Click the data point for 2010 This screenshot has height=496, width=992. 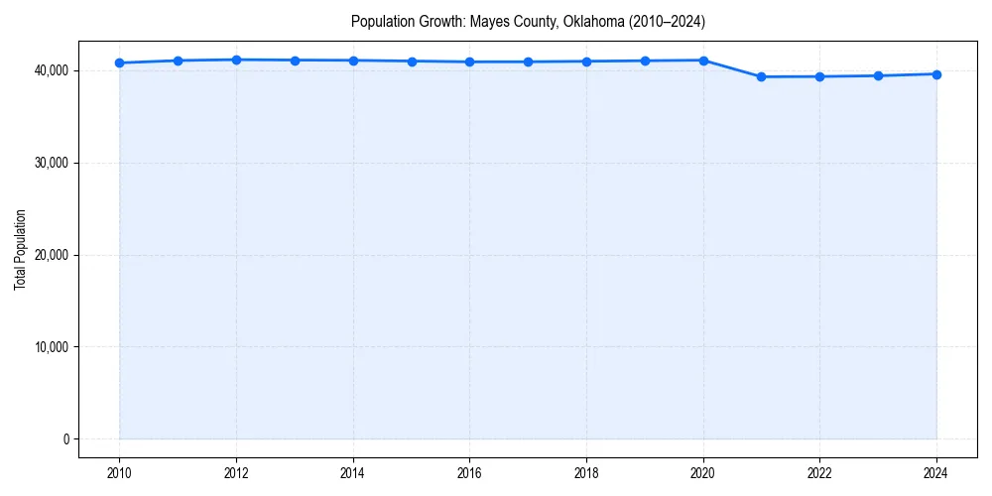pos(119,62)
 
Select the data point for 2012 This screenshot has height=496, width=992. pos(236,60)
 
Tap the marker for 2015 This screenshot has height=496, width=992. pos(412,62)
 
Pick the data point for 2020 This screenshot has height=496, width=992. pos(703,61)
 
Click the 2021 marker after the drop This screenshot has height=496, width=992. pos(762,76)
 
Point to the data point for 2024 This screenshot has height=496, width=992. pos(936,74)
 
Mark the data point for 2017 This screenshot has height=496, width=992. pos(528,62)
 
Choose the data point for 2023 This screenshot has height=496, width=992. pos(878,75)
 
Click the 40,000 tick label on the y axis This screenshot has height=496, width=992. pos(50,70)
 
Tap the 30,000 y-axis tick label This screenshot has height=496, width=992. pos(50,163)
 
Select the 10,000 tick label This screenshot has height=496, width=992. pos(50,347)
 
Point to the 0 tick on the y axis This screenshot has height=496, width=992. pos(65,439)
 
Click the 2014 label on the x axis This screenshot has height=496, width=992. pos(353,473)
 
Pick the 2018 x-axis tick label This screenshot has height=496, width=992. pos(586,473)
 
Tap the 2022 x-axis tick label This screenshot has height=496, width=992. pos(820,473)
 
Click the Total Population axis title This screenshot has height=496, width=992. pos(20,249)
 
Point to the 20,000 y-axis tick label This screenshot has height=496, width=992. pos(50,255)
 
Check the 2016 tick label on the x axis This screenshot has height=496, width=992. pos(470,473)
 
